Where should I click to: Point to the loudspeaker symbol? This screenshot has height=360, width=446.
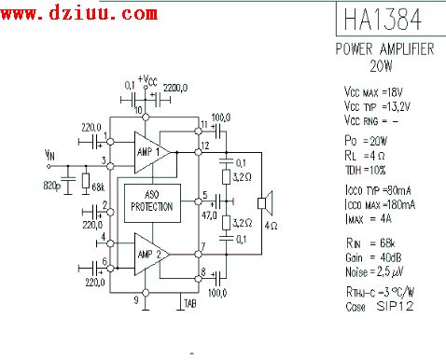tap(266, 201)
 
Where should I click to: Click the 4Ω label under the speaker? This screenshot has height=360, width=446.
tap(271, 226)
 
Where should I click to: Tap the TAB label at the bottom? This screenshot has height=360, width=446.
tap(190, 304)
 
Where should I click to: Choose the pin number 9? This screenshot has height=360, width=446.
tap(135, 300)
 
